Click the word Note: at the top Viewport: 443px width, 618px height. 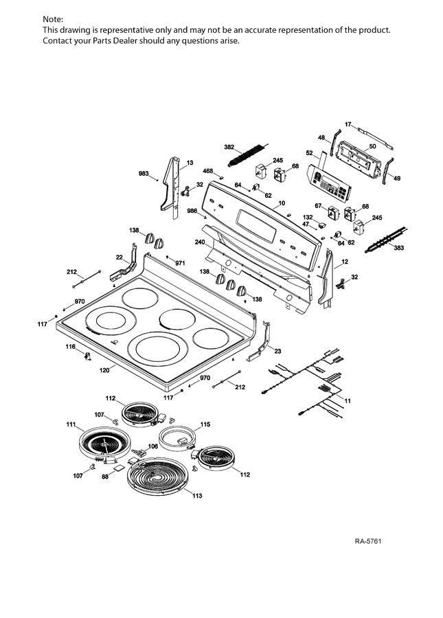(53, 19)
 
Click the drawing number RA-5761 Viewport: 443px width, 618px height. (367, 542)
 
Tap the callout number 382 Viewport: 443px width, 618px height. (229, 148)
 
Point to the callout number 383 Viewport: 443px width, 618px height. (398, 247)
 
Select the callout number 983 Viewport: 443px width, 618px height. (144, 173)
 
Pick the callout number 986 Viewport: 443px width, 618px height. (193, 211)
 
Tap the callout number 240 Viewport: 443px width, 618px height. (200, 242)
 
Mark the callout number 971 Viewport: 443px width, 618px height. (180, 263)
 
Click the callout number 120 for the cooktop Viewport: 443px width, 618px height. (104, 370)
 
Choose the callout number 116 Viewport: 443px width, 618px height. (70, 347)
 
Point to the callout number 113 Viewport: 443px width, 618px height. (197, 496)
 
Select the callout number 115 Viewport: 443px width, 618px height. (205, 424)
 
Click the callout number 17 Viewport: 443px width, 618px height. (348, 124)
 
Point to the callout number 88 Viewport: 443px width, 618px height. (105, 476)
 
